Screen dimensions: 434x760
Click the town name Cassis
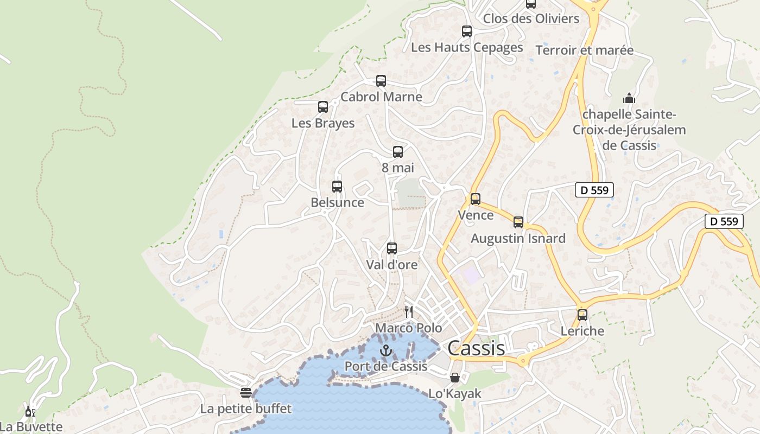point(476,348)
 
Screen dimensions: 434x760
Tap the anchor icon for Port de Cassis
point(386,350)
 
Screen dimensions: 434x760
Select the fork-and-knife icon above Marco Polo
point(409,311)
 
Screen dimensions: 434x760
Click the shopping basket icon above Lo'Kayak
point(455,377)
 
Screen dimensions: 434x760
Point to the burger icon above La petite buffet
point(246,392)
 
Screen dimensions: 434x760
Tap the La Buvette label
point(31,426)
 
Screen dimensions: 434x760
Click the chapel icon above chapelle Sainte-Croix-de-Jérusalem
point(629,98)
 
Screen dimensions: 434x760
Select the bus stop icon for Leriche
point(582,315)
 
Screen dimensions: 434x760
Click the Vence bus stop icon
point(476,199)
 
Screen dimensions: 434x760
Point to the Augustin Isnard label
point(518,238)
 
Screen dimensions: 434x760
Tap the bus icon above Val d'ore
point(392,248)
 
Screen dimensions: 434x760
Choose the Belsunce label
point(337,202)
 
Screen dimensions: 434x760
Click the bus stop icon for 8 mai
point(398,152)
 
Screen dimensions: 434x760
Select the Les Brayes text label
point(323,123)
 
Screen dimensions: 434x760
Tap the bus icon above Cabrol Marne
point(381,81)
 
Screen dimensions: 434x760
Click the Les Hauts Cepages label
point(467,47)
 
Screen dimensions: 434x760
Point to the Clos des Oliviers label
point(531,18)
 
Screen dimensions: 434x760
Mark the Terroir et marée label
point(584,50)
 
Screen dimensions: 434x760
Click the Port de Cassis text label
point(386,366)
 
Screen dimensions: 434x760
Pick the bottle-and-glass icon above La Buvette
point(30,412)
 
